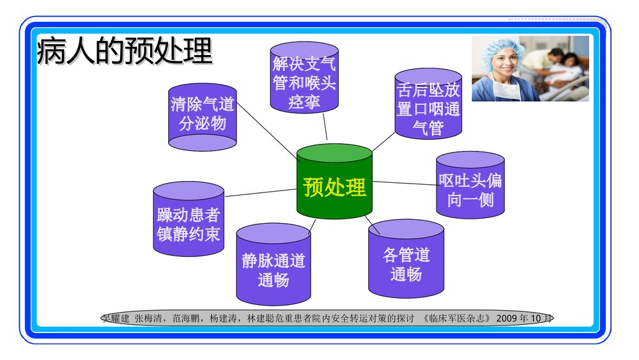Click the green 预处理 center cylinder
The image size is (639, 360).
pyautogui.click(x=334, y=186)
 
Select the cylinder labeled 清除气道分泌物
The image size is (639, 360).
pyautogui.click(x=203, y=116)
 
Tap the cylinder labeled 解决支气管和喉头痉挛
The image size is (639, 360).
pyautogui.click(x=304, y=79)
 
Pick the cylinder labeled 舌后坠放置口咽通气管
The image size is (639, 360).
pyautogui.click(x=427, y=106)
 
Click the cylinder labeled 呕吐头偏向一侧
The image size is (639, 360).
pyautogui.click(x=470, y=189)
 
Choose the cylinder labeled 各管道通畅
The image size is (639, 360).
pyautogui.click(x=406, y=262)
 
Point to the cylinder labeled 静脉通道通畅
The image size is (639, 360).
pyautogui.click(x=273, y=269)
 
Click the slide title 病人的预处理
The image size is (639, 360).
pyautogui.click(x=124, y=51)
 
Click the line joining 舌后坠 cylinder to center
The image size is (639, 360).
pyautogui.click(x=383, y=143)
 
